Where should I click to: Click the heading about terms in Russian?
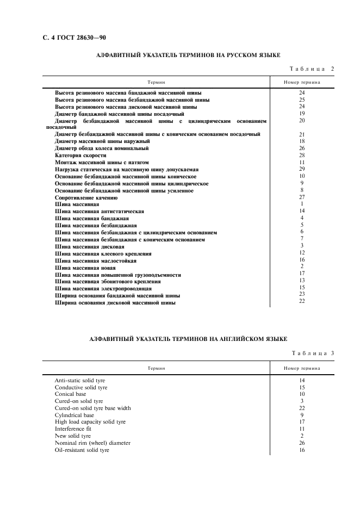188,55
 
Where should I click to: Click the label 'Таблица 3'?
312,353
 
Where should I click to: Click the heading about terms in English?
188,339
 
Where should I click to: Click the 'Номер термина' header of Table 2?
302,82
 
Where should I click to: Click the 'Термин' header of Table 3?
156,368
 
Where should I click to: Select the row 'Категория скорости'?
80,156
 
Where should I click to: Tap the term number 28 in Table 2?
302,156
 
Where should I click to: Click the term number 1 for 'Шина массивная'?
302,204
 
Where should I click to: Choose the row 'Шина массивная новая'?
85,268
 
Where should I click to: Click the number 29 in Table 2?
302,169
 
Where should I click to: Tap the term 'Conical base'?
70,394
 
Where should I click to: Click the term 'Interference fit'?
73,429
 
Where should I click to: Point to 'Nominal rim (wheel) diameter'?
92,443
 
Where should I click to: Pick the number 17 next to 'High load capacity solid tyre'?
302,421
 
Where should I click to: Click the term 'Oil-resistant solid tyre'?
82,450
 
